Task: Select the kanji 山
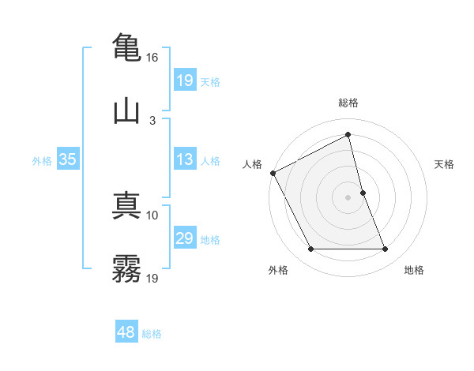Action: (x=126, y=111)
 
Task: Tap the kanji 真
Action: (x=126, y=205)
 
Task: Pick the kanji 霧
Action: (x=126, y=270)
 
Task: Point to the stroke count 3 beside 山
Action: (x=152, y=121)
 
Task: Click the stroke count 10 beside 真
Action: (x=153, y=215)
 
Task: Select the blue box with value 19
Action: (x=184, y=81)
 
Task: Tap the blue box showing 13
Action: (x=184, y=159)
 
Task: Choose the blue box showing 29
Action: (x=184, y=238)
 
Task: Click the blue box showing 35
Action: (x=68, y=159)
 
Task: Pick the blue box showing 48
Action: (x=126, y=332)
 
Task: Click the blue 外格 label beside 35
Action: (x=42, y=160)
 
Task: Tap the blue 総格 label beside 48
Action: (x=152, y=334)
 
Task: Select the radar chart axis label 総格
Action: (x=348, y=103)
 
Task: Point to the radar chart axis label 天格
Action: (x=445, y=164)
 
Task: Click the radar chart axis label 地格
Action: (x=414, y=270)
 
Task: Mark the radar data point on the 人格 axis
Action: (x=273, y=173)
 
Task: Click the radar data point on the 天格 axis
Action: (x=363, y=193)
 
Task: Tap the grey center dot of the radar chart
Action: (x=348, y=197)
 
